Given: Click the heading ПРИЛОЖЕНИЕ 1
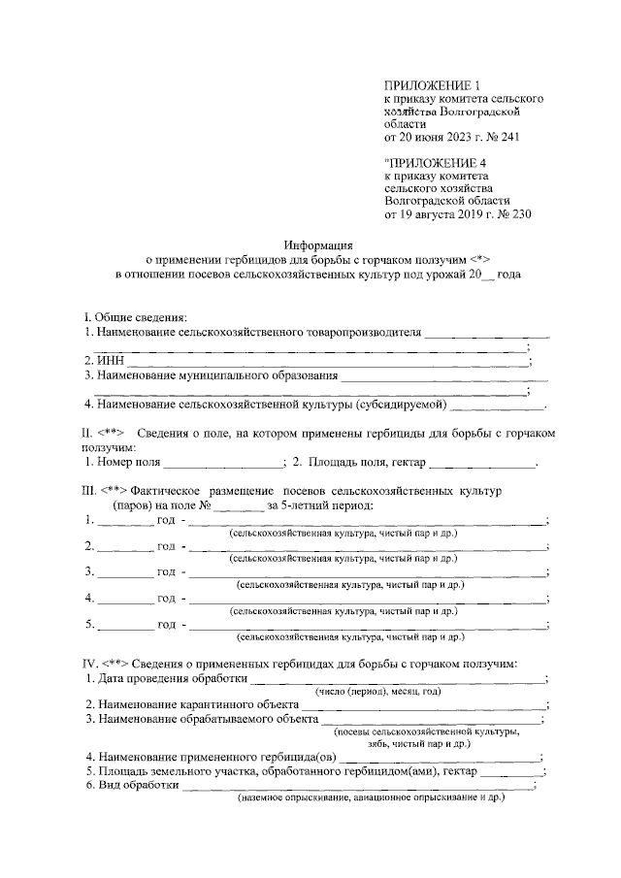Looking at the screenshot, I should (x=433, y=86).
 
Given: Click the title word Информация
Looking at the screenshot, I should (x=317, y=245).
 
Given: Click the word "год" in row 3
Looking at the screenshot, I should (x=166, y=572).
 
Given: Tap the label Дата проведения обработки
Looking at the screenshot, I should (x=168, y=678).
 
